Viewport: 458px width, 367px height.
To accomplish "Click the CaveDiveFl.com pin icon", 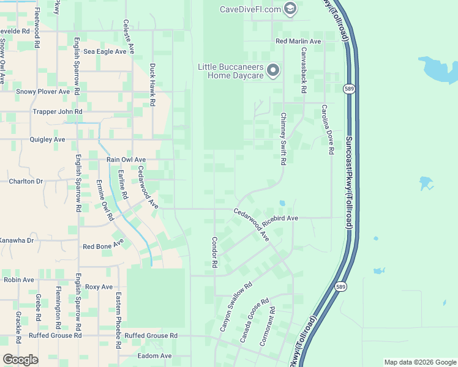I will [x=290, y=9].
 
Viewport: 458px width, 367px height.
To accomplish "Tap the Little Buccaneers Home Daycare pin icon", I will [x=273, y=71].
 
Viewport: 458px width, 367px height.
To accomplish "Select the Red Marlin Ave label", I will [x=298, y=41].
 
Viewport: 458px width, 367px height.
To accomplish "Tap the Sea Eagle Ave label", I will [x=105, y=52].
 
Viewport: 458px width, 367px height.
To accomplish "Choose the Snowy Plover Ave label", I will [x=43, y=92].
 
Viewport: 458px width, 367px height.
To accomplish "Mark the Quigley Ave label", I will [x=47, y=139].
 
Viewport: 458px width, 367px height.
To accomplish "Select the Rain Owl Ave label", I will [x=126, y=160].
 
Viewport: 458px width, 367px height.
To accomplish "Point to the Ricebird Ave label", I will [x=280, y=218].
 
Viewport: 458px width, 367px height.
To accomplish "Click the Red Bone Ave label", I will [x=103, y=247].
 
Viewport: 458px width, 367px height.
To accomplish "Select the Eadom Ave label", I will [x=156, y=356].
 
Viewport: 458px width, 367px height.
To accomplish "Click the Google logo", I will [x=20, y=360].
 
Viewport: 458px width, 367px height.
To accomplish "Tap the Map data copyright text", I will [x=419, y=362].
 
